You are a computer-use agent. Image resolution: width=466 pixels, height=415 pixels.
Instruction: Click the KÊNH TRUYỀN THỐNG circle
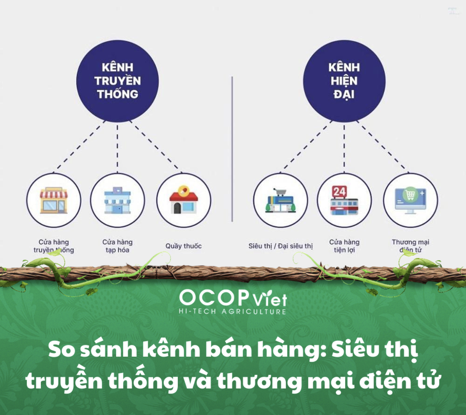117,81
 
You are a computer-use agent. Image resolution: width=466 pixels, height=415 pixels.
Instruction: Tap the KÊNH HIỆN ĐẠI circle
344,81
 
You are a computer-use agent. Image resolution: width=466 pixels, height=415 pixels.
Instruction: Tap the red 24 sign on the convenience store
339,192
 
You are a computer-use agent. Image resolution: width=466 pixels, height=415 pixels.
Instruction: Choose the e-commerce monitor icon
410,201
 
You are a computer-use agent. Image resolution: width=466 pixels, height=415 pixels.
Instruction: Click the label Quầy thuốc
184,246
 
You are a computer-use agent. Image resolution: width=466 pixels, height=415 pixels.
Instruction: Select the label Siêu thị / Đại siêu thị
280,246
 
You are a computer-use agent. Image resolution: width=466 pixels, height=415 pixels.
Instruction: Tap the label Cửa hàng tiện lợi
344,246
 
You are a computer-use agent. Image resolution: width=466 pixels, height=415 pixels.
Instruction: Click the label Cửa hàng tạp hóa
118,246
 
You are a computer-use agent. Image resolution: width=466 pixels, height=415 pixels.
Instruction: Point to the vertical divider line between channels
232,150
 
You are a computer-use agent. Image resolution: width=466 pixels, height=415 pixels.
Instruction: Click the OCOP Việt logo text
233,298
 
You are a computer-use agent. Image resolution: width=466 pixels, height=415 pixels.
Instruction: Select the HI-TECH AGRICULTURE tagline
232,312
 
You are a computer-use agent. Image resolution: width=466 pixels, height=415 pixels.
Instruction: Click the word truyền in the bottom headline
64,380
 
